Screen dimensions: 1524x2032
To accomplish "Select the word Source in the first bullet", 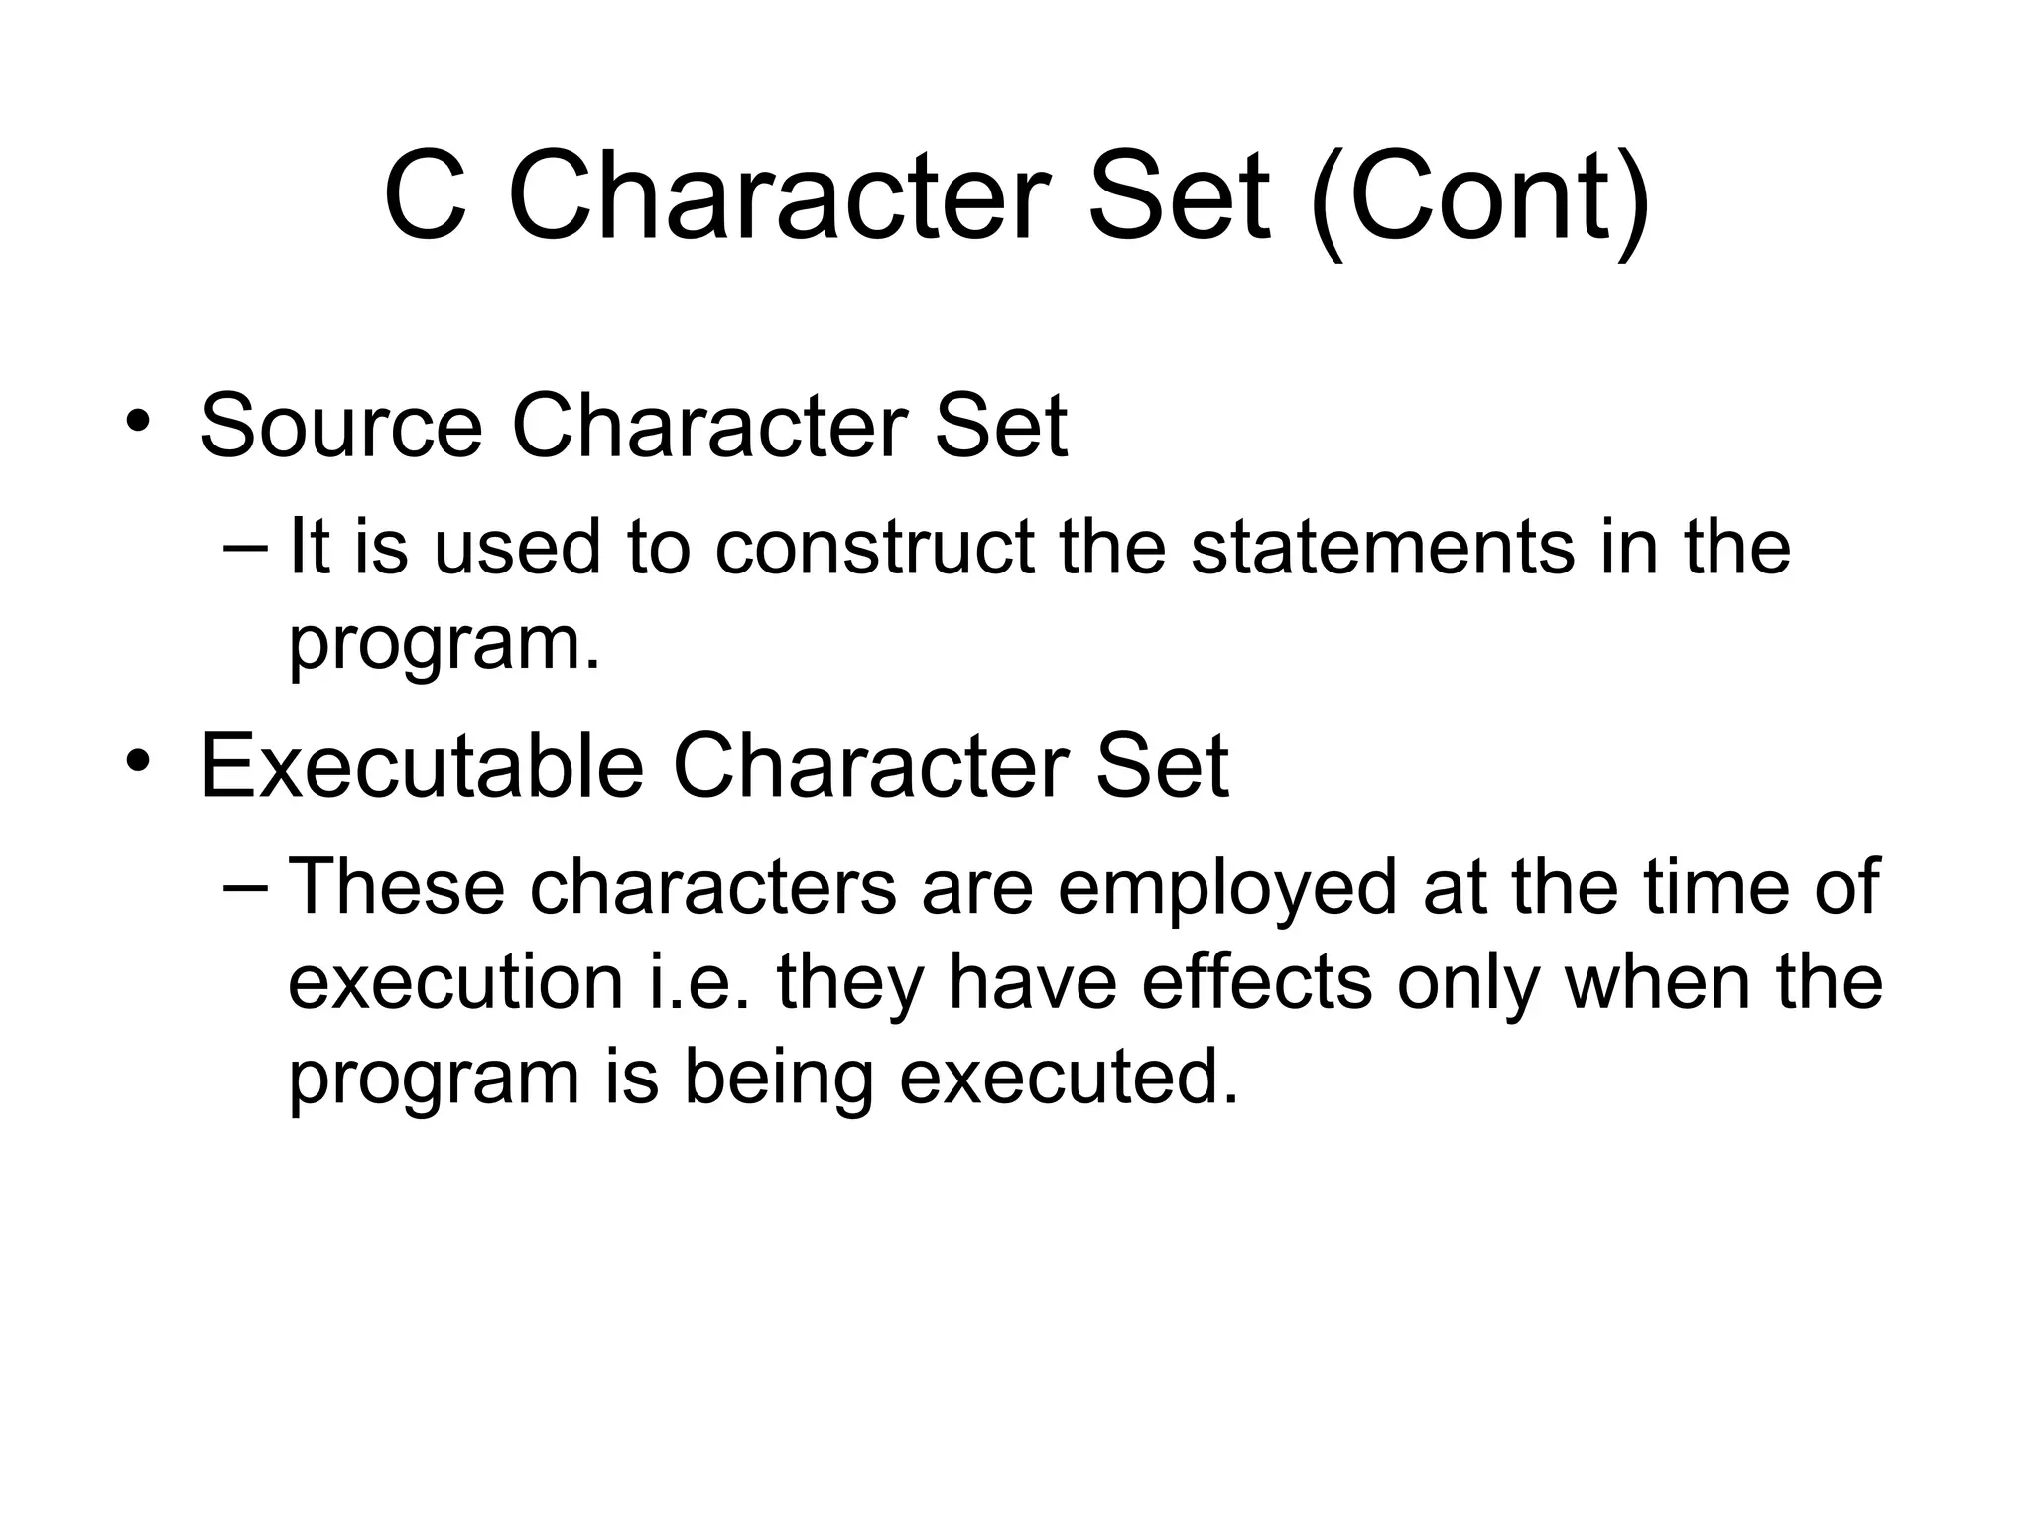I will coord(341,427).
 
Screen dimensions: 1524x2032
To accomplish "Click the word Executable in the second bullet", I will coord(422,766).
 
